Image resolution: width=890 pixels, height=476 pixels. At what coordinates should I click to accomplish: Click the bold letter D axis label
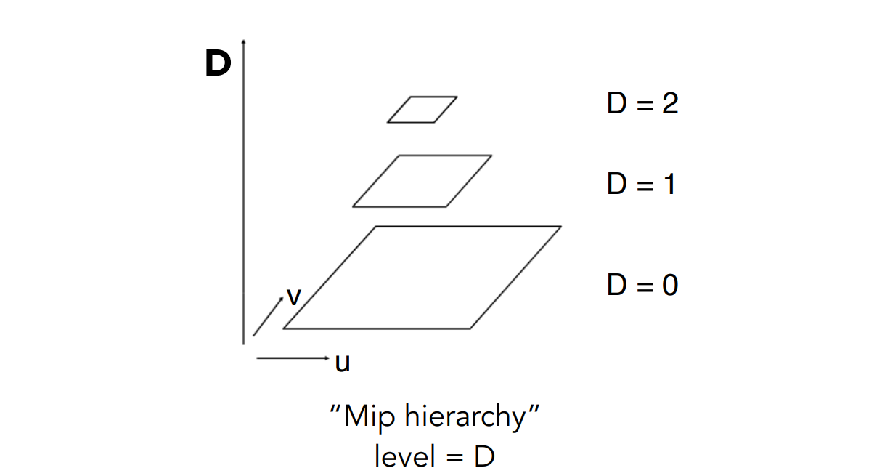[x=218, y=64]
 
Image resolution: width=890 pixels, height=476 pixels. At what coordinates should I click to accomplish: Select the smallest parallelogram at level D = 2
[x=422, y=109]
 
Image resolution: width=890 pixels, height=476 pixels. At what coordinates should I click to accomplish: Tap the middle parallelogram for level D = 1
[x=422, y=181]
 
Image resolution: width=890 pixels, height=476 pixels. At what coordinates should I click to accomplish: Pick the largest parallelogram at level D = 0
[x=422, y=278]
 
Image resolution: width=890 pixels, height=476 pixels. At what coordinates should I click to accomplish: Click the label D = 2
[x=642, y=104]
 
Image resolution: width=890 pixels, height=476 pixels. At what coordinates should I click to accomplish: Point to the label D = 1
[x=641, y=184]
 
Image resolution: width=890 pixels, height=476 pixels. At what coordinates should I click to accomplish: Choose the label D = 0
[x=642, y=284]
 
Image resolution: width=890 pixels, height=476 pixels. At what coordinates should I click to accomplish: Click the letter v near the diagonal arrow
[x=293, y=296]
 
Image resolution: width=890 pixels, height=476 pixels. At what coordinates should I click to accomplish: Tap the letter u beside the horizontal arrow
[x=343, y=361]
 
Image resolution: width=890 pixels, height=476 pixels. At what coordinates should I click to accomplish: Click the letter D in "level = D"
[x=484, y=456]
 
